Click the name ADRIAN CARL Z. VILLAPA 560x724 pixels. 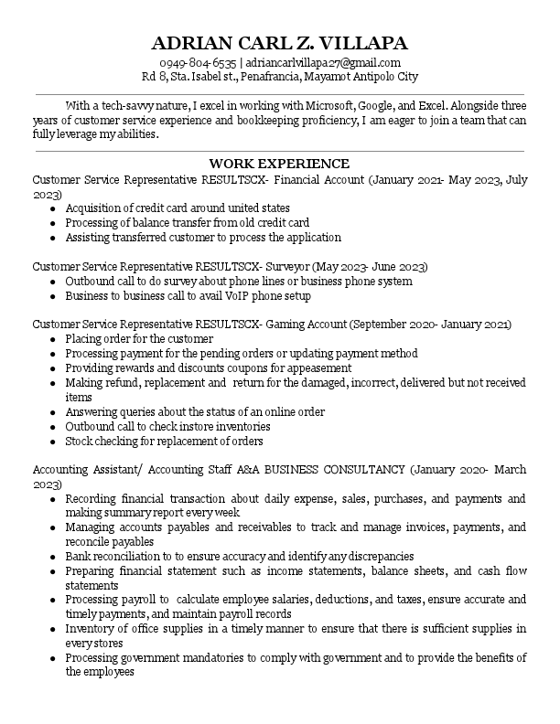[x=280, y=43]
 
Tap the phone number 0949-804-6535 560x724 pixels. [x=198, y=62]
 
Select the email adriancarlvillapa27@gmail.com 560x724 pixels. [x=322, y=62]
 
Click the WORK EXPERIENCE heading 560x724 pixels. [x=279, y=164]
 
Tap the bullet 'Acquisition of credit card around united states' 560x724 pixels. [x=178, y=208]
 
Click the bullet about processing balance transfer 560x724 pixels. [x=187, y=222]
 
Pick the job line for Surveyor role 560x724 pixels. [x=229, y=267]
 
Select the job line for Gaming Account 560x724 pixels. [x=272, y=325]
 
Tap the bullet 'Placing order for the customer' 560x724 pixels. [x=139, y=339]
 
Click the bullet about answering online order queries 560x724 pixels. [x=195, y=411]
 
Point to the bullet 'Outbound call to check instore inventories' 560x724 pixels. [x=167, y=426]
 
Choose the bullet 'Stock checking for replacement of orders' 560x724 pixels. [x=164, y=441]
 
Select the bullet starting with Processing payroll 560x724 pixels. [x=295, y=600]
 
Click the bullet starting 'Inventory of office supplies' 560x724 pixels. [x=295, y=628]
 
